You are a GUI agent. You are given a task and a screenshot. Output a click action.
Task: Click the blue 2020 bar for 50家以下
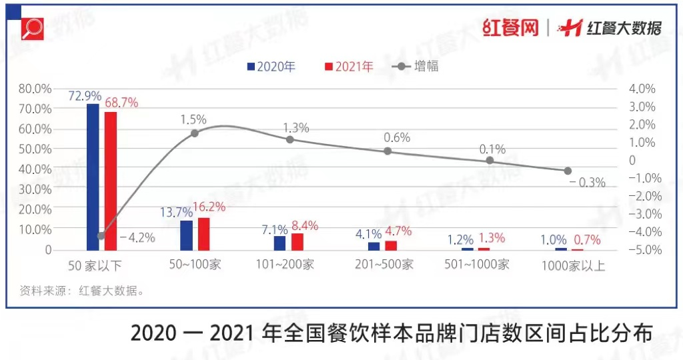(x=93, y=177)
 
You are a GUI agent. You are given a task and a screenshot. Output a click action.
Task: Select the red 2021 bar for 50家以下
(x=110, y=181)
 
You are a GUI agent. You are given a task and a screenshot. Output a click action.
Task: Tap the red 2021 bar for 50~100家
(x=203, y=234)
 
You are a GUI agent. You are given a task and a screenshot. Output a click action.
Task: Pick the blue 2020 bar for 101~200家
(x=279, y=243)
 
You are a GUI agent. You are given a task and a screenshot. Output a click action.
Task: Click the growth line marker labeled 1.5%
(x=195, y=133)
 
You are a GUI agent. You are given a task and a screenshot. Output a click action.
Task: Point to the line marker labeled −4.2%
(x=101, y=235)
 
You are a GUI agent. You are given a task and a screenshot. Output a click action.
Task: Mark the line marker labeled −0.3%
(x=568, y=171)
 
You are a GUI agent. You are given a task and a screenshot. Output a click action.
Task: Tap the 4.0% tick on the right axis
(x=642, y=89)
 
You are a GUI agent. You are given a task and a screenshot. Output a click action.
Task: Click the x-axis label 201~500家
(x=384, y=265)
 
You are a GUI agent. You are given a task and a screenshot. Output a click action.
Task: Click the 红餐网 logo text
(x=510, y=28)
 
